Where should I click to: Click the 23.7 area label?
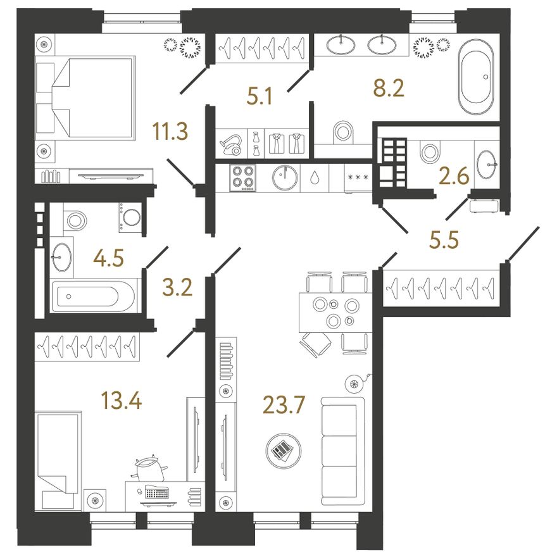(284, 405)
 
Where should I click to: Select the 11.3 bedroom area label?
(170, 131)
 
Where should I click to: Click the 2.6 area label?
(454, 177)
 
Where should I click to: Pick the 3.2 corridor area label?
(177, 288)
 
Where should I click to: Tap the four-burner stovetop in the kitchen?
(243, 178)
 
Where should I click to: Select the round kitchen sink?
(285, 178)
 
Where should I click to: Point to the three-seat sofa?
(342, 451)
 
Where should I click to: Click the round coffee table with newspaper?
(284, 451)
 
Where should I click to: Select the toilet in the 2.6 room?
(430, 152)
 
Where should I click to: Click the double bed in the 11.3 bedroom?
(85, 97)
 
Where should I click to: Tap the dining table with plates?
(335, 312)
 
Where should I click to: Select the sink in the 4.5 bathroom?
(61, 257)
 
